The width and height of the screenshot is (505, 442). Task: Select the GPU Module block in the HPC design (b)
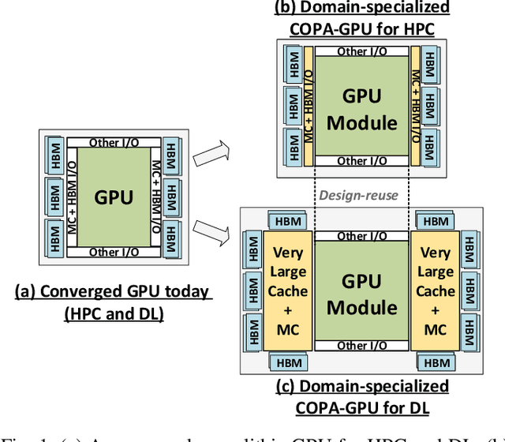tap(361, 107)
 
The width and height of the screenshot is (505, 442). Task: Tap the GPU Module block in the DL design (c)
tap(361, 291)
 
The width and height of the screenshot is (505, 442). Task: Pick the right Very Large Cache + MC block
tap(436, 290)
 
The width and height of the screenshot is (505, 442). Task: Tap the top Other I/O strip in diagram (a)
tap(115, 143)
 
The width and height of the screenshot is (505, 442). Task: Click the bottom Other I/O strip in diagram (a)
tap(115, 252)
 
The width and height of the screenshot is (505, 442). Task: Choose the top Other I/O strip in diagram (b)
tap(362, 52)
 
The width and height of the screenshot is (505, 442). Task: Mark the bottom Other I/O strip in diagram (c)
tap(362, 346)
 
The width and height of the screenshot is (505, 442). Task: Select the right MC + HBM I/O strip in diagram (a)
tap(157, 197)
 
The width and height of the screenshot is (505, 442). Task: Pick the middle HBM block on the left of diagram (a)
tap(54, 197)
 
